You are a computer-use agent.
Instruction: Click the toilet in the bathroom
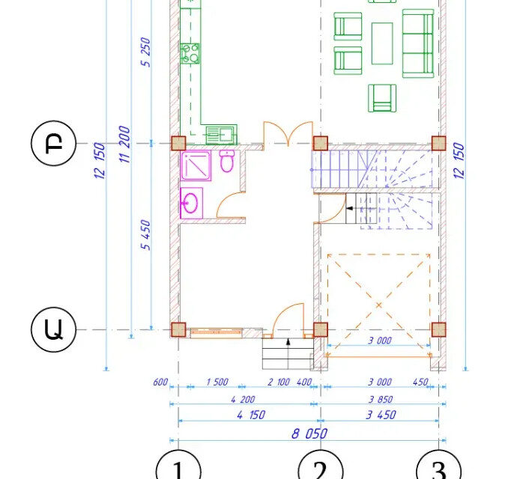[227, 161]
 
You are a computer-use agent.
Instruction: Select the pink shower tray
[196, 165]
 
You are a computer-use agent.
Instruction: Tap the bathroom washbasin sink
[191, 203]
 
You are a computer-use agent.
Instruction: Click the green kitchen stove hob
[190, 53]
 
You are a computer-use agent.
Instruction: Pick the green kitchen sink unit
[221, 134]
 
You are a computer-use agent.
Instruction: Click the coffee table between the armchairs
[382, 43]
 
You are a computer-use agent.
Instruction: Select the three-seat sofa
[418, 43]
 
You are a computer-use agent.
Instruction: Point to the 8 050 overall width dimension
[309, 433]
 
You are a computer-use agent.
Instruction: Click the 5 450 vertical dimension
[145, 235]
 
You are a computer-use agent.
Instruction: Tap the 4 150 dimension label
[251, 415]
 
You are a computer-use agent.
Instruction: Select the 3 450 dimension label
[381, 415]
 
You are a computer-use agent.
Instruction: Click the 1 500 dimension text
[217, 382]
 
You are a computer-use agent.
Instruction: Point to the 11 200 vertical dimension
[124, 144]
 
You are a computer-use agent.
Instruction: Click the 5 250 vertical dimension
[145, 52]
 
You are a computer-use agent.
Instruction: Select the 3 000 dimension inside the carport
[380, 341]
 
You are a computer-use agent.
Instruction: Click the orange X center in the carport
[378, 305]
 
